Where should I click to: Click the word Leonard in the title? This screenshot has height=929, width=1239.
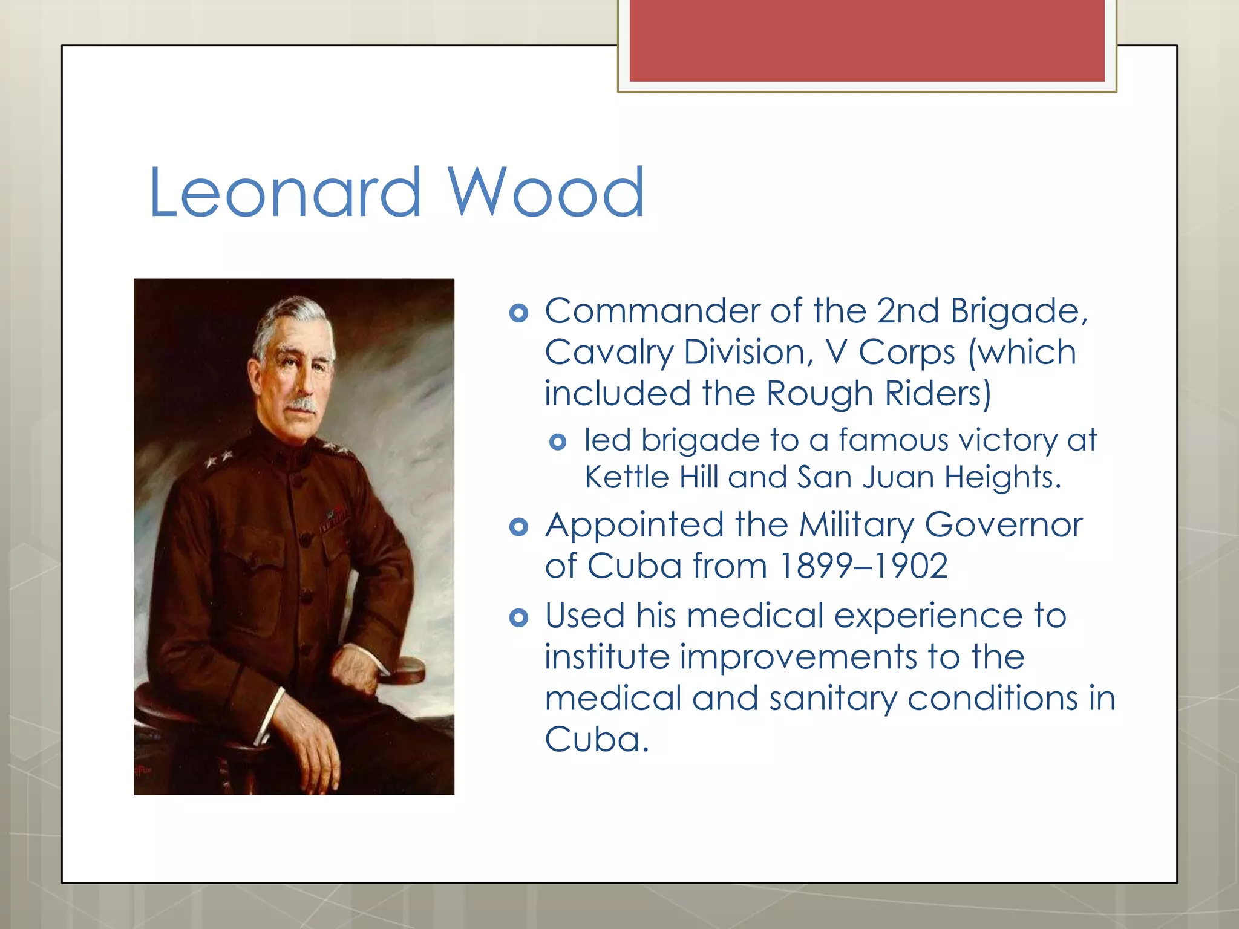click(284, 192)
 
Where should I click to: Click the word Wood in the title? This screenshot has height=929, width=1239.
click(546, 192)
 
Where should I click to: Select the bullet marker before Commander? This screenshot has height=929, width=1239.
click(518, 313)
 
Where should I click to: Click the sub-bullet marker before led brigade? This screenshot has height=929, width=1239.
click(558, 442)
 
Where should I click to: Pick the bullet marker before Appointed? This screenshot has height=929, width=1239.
click(518, 527)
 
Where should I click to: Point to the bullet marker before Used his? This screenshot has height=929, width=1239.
click(518, 618)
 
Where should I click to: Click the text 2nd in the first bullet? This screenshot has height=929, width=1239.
click(907, 311)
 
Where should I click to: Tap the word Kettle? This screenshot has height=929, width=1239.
click(627, 477)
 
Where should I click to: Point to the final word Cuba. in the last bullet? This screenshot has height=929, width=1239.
click(597, 740)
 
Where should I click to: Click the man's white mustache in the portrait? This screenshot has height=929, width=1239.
click(301, 404)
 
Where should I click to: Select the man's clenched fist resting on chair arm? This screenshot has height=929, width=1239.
click(357, 671)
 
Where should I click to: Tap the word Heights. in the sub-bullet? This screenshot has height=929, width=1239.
click(1002, 477)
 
